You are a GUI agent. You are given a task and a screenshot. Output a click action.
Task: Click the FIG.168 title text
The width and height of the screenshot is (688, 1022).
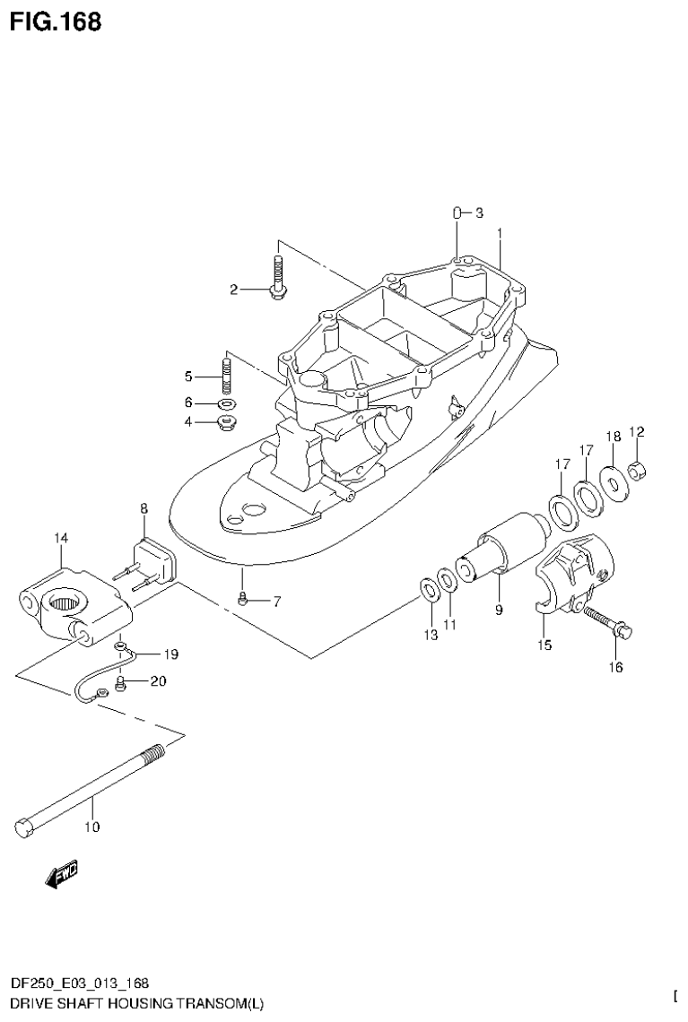pos(56,21)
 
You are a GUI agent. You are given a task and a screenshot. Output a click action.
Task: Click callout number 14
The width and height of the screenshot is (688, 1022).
pos(60,537)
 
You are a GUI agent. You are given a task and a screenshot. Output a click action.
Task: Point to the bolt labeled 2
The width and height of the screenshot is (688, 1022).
pos(277,276)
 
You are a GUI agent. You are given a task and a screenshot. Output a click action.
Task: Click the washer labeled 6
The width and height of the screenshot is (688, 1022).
pos(226,403)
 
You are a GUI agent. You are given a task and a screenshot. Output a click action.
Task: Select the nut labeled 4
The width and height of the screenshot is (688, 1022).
pos(226,421)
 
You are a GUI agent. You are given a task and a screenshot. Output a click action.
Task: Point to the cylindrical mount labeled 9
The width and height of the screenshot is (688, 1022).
pos(508,546)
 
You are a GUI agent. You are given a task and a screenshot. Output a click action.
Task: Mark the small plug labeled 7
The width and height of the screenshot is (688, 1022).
pos(243,600)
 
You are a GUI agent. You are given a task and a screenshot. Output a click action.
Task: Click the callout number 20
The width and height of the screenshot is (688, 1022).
pos(158,680)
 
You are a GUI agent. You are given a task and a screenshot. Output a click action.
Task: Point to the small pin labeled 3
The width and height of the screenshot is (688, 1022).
pos(457,213)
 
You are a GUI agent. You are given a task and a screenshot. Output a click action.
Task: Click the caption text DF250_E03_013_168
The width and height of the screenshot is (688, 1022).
pos(80,983)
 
